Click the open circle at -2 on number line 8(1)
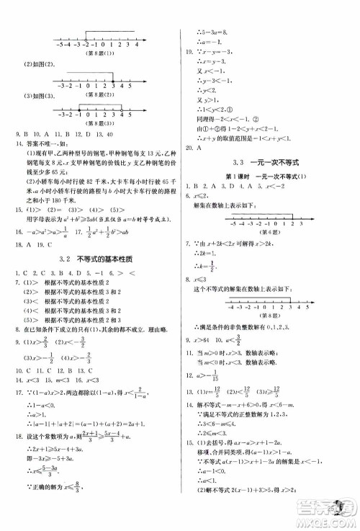click(x=85, y=44)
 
